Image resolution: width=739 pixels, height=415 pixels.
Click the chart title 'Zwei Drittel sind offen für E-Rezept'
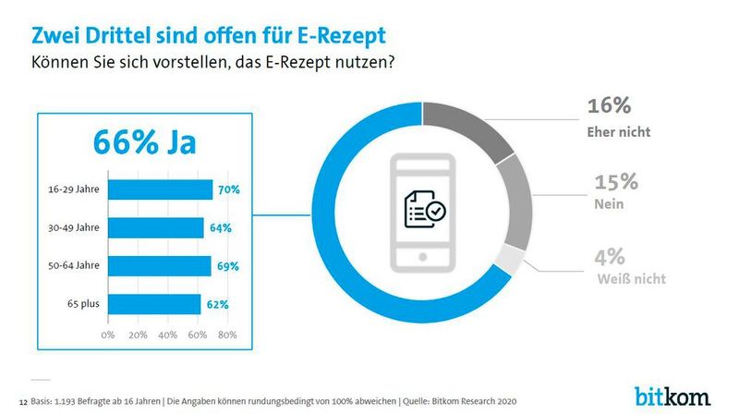pos(209,35)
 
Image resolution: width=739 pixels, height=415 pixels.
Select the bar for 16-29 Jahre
pos(160,189)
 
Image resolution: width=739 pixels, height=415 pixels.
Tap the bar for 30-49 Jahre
pos(155,227)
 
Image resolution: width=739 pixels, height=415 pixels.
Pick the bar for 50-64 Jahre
pos(159,266)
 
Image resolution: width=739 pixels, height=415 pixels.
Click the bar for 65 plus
pos(154,303)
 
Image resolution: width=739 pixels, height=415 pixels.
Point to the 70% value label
pos(228,189)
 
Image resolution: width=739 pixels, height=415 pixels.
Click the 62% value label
pos(218,303)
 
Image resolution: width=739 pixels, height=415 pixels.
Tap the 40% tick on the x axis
pos(167,334)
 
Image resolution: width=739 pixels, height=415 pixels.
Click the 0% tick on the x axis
pos(108,334)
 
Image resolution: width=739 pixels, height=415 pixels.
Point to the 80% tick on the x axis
pos(226,334)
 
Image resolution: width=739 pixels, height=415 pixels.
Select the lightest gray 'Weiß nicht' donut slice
pos(509,260)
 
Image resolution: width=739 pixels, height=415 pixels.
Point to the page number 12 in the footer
pos(23,403)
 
